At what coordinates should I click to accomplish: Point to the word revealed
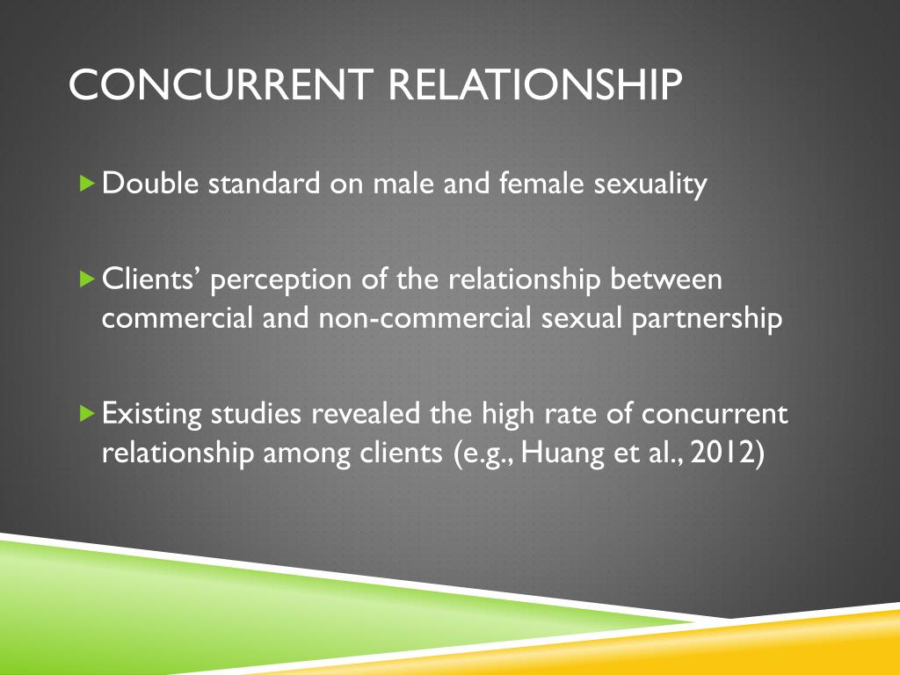[x=368, y=412]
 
